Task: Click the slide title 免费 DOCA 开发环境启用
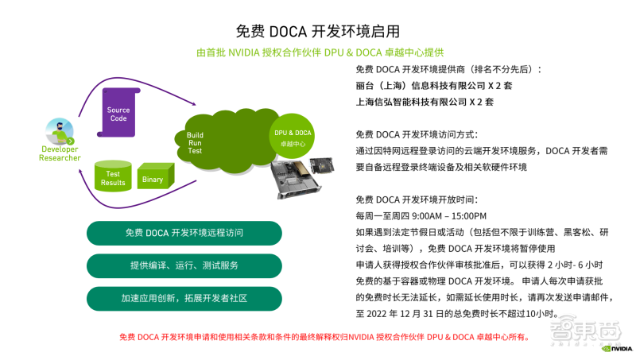click(x=317, y=31)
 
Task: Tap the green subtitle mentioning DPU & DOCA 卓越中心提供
click(x=320, y=53)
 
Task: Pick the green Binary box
click(x=153, y=179)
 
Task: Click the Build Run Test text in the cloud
click(x=195, y=143)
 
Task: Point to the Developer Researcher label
click(x=60, y=153)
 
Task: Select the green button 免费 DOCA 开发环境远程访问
click(x=184, y=233)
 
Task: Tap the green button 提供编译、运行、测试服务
click(x=184, y=265)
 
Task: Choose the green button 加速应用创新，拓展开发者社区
click(x=184, y=298)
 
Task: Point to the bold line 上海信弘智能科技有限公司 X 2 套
click(x=425, y=103)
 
